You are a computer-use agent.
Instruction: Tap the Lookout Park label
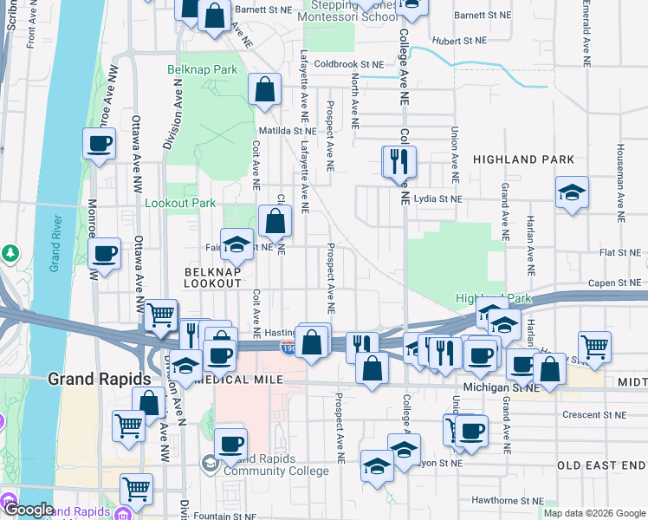(x=179, y=203)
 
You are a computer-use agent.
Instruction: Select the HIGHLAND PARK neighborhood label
(x=523, y=159)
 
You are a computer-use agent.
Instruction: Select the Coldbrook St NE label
(x=348, y=64)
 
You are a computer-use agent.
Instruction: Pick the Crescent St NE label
(x=593, y=415)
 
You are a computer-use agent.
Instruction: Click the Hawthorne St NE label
(x=508, y=501)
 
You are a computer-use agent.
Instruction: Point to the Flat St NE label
(x=622, y=253)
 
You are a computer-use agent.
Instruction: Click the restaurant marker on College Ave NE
(x=399, y=163)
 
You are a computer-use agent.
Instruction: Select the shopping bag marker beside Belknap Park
(x=265, y=90)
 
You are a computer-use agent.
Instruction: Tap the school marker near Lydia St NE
(x=572, y=193)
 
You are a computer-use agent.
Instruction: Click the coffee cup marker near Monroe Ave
(x=99, y=144)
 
